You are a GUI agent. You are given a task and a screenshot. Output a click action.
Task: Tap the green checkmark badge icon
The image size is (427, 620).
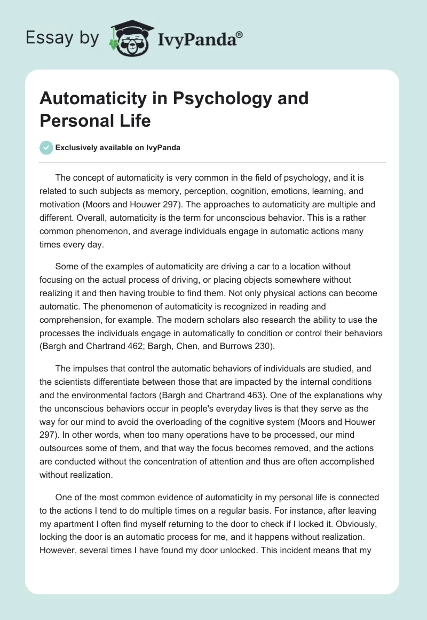46,148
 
